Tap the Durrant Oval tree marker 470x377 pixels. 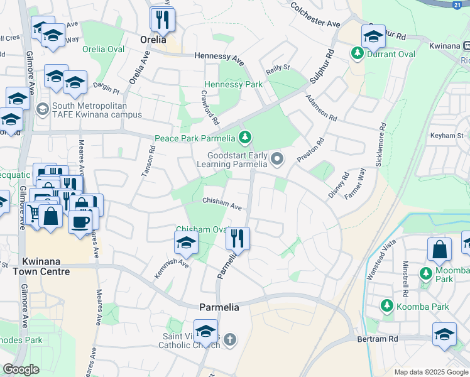(358, 54)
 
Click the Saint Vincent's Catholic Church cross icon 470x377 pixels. (230, 341)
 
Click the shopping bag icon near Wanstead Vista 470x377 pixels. (439, 249)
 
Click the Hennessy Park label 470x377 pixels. (233, 84)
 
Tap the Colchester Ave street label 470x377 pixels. (315, 16)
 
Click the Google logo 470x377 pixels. (21, 370)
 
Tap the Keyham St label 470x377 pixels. (446, 135)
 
